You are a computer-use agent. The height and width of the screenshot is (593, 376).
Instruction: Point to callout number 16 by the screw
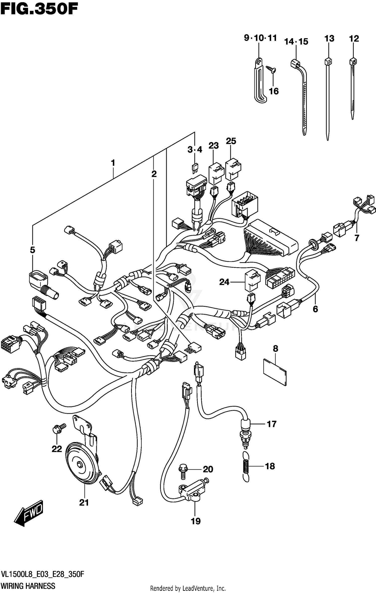coord(274,91)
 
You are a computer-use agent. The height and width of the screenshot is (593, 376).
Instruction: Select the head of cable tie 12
coord(353,61)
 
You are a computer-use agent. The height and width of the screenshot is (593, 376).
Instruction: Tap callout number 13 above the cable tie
coord(329,39)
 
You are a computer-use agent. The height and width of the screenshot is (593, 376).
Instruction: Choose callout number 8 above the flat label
coord(275,349)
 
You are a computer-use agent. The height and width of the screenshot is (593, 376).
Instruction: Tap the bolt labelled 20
coord(183,471)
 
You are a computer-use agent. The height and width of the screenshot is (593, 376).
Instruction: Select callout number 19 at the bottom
coord(196,521)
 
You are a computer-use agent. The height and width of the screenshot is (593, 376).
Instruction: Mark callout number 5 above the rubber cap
coord(32,250)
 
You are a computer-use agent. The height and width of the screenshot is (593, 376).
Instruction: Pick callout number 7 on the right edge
coord(357,238)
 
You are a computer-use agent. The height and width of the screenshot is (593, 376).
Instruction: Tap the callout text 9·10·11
coord(260,38)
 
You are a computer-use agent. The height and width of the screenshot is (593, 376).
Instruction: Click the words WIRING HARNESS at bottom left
coord(28,586)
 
